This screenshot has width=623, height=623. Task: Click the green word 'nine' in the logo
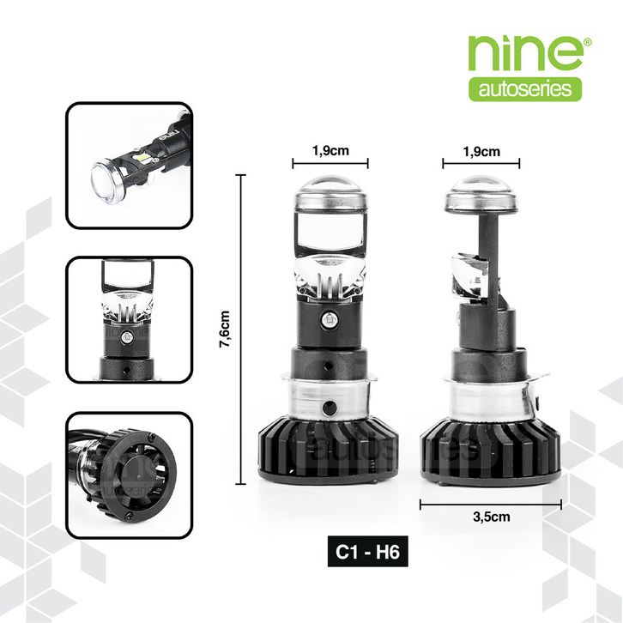coord(525,53)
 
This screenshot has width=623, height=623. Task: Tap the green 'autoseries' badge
coord(525,89)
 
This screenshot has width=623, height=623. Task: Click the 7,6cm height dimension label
coord(225,330)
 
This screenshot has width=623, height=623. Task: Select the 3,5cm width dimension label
coord(492,517)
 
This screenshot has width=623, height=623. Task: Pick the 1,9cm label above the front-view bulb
coord(330,150)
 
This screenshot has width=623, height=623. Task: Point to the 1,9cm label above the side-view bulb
coord(481,151)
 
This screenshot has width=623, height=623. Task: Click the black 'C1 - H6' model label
coord(368,552)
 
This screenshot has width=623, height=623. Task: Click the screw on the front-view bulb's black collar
coord(330,318)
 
